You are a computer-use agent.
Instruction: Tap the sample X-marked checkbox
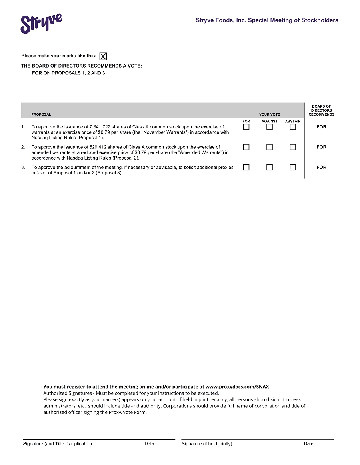103,56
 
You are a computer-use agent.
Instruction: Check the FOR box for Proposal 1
246,127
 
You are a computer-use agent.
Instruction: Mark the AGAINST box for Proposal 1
270,127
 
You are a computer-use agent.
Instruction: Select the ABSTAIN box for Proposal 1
293,127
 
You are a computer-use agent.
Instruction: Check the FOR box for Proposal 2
246,147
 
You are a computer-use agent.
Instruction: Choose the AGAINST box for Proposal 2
270,147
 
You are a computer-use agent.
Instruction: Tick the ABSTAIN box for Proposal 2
293,147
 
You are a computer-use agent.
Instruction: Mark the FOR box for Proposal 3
246,167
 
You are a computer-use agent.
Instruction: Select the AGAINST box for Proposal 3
270,167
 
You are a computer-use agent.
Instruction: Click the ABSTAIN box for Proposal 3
293,167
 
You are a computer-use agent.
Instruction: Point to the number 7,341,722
100,127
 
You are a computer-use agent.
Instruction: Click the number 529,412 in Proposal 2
99,147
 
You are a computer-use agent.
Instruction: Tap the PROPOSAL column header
41,114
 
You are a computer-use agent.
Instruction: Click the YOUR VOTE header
270,114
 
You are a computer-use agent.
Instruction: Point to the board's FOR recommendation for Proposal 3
321,167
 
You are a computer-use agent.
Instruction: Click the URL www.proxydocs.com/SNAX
237,387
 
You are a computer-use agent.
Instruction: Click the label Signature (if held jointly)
207,443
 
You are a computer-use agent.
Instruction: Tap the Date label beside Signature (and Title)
149,443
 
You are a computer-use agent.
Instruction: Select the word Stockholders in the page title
320,20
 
